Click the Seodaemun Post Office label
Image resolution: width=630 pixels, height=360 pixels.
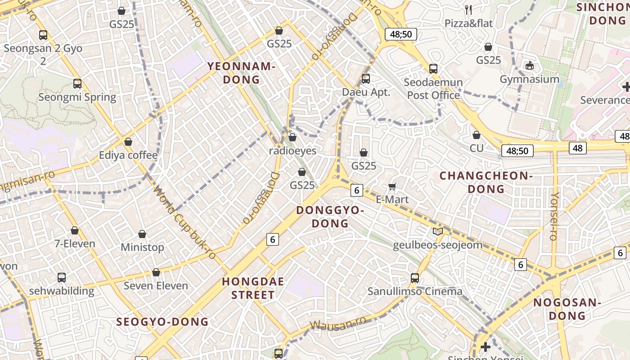click(x=433, y=89)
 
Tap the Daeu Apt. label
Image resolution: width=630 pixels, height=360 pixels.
click(x=366, y=92)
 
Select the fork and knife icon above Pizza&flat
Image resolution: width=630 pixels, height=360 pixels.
click(x=468, y=9)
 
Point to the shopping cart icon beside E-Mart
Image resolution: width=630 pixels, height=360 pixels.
click(x=392, y=186)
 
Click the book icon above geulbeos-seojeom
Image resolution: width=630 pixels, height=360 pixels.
click(x=437, y=232)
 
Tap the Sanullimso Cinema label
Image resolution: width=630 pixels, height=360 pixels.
click(x=415, y=291)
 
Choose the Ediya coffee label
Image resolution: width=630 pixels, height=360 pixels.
click(x=128, y=155)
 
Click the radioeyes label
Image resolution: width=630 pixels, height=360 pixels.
click(x=292, y=151)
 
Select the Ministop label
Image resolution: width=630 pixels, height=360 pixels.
click(x=142, y=247)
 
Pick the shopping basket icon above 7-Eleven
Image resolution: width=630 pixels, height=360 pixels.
click(x=75, y=231)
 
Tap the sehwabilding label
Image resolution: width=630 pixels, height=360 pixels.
click(x=62, y=291)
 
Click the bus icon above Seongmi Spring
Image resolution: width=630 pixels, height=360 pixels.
click(x=77, y=84)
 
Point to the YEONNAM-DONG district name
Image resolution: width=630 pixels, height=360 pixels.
click(x=241, y=73)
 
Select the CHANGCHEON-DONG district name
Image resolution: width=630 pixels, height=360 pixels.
click(x=486, y=182)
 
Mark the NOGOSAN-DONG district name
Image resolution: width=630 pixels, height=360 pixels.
click(x=567, y=309)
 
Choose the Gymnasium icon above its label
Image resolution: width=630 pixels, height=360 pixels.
click(x=530, y=66)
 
